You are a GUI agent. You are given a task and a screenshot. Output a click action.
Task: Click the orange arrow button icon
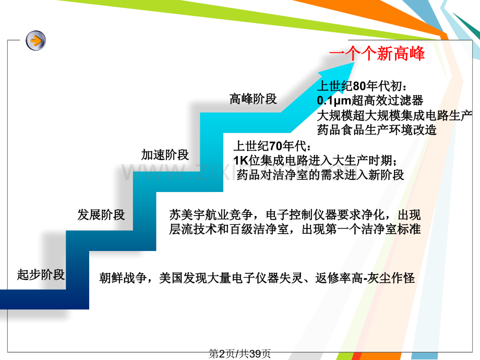tap(36, 40)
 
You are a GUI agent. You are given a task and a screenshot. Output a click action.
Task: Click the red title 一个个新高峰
tap(377, 53)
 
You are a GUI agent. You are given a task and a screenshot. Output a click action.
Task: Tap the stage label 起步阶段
tap(41, 274)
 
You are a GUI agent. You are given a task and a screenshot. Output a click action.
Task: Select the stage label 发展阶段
tap(101, 214)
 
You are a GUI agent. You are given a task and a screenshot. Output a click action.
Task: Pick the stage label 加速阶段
tap(165, 155)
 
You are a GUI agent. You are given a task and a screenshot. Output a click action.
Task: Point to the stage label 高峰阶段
tap(253, 99)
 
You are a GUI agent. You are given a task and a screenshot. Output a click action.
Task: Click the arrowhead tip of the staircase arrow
tap(354, 63)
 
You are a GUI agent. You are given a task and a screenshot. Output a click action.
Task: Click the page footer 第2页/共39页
tap(239, 354)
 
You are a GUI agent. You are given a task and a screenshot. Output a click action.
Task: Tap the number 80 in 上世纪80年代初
tap(359, 86)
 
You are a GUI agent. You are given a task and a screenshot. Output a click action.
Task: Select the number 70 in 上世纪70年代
tap(275, 146)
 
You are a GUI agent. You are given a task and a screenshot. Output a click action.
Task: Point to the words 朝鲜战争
tap(123, 278)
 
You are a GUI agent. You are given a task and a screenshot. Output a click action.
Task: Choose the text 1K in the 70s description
tap(241, 160)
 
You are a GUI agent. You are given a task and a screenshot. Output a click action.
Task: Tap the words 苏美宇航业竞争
tap(211, 215)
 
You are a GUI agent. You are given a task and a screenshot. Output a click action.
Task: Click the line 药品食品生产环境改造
tap(377, 130)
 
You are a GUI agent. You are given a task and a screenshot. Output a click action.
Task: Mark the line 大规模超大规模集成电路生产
tap(395, 115)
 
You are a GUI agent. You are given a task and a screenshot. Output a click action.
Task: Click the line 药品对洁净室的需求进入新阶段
tap(320, 175)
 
